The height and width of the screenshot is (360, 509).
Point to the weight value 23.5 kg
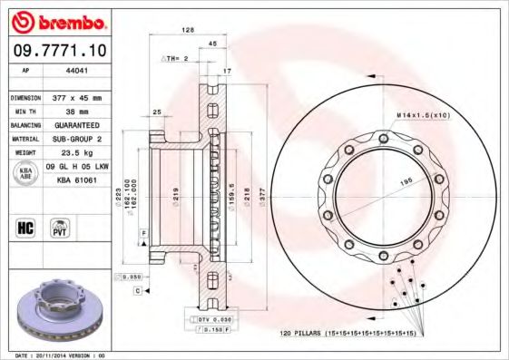coord(79,153)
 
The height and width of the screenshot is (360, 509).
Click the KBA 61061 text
coord(77,180)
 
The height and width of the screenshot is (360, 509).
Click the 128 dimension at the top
coord(188,30)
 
